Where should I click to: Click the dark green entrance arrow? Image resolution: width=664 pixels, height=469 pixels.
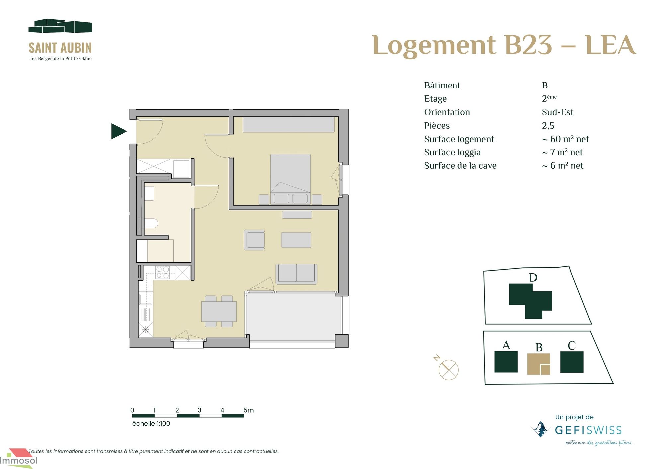coord(118,131)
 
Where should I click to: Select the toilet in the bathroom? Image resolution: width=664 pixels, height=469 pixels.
coord(151,223)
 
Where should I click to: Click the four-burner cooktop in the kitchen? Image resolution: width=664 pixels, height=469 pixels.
coord(163,273)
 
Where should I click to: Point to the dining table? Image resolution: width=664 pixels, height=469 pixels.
coord(219,311)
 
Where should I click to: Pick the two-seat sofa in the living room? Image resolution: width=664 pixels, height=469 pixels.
coord(296,274)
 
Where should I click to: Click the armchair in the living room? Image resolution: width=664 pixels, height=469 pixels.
coord(254,240)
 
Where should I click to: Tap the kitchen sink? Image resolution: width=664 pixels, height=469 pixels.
coord(145,299)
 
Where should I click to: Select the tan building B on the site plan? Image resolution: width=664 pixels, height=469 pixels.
coord(539,364)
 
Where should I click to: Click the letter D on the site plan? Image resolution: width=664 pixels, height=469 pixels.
coord(533,278)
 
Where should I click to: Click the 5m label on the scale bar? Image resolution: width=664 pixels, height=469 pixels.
coord(249,410)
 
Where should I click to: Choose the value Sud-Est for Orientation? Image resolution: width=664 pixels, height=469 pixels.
coord(557,112)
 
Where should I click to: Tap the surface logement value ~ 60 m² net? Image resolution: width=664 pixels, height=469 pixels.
coord(565,139)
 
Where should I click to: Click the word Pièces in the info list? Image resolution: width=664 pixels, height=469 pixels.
coord(437,126)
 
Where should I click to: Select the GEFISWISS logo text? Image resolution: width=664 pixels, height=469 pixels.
coord(588,430)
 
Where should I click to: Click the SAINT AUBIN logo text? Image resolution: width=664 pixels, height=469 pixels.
coord(60,48)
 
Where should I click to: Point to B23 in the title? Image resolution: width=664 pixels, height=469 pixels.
coord(529,45)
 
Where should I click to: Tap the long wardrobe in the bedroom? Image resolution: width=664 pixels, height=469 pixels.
coord(289,125)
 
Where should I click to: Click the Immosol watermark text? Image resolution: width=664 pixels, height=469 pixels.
coord(19,460)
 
